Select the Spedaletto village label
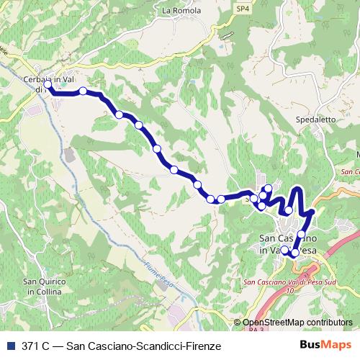tap(314, 120)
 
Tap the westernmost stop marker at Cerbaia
tap(48, 86)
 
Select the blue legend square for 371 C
tap(7, 346)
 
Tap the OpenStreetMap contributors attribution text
tap(297, 323)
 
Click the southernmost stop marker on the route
tap(295, 253)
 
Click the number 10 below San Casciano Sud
tap(290, 290)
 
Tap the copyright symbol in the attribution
tap(238, 323)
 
